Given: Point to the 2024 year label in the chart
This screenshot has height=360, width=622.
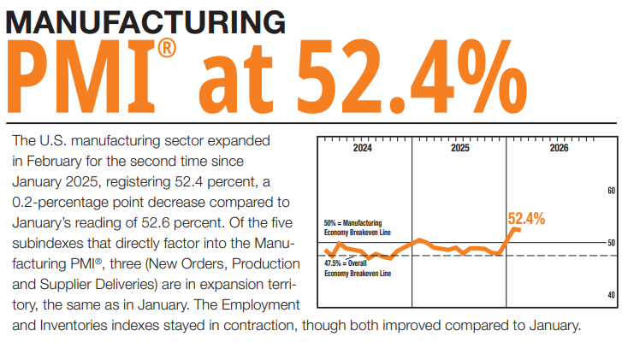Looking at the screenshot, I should point(363,148).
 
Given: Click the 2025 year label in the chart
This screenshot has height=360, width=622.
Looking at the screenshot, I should point(459,148).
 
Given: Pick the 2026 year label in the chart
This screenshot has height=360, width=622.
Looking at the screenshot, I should point(559,148).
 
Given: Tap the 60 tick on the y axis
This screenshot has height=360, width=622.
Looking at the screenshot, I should point(611,191).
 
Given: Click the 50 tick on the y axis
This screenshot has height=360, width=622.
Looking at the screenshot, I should point(611,243).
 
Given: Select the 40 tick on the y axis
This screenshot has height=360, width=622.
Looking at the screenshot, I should point(611,295).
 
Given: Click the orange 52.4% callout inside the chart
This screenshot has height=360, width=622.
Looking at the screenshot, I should point(526,218).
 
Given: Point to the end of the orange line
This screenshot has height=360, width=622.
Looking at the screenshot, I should point(518,229).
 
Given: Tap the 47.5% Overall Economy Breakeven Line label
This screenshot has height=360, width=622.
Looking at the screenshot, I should point(357,269).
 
